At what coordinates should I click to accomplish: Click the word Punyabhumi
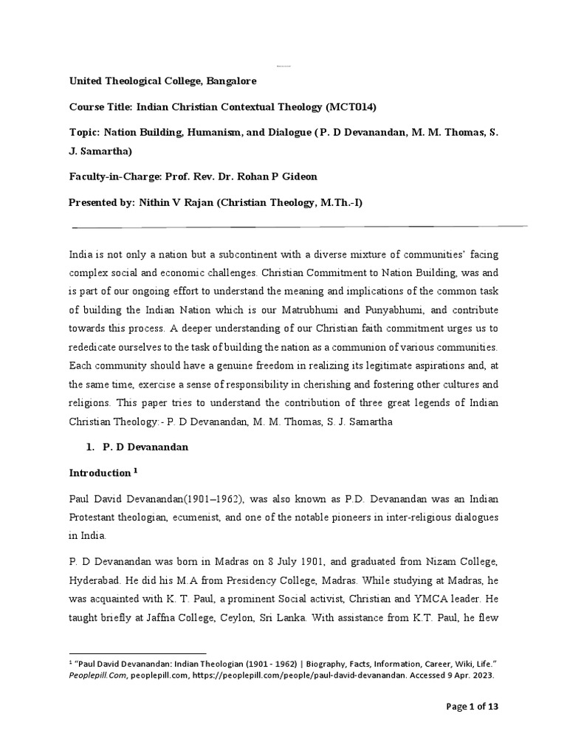point(416,310)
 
